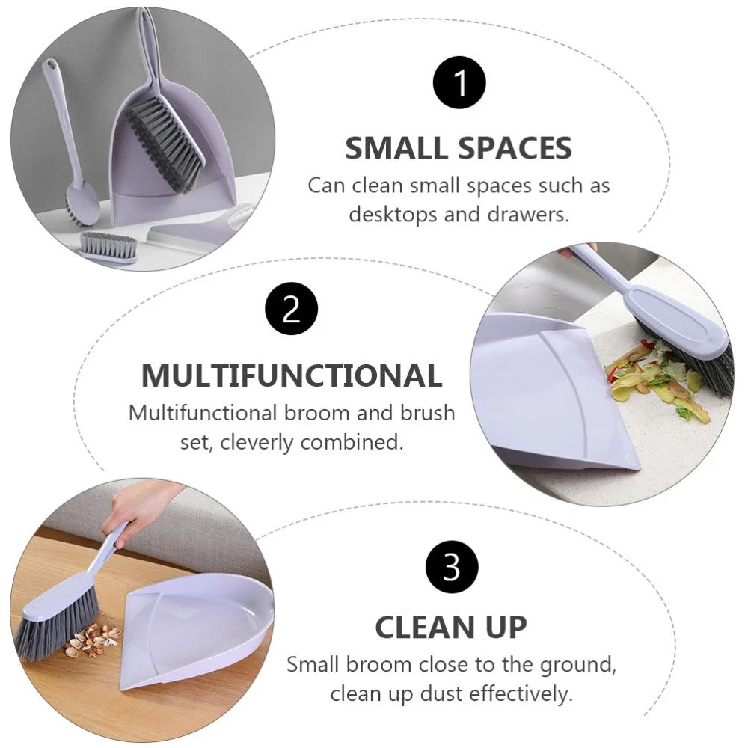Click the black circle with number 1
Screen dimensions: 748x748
(x=459, y=82)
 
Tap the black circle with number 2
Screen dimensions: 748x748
(x=292, y=310)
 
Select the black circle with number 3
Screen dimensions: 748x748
(x=452, y=568)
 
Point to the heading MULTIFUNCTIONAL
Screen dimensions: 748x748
(x=292, y=375)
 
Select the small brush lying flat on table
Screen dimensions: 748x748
(x=108, y=247)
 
